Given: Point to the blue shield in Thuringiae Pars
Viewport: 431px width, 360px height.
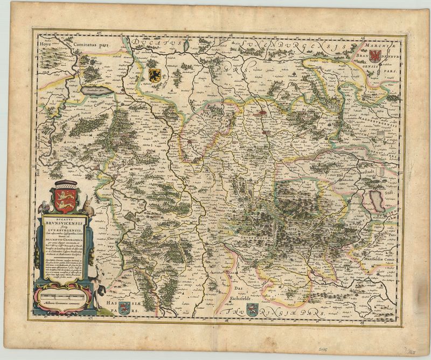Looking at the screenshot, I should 252,308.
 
